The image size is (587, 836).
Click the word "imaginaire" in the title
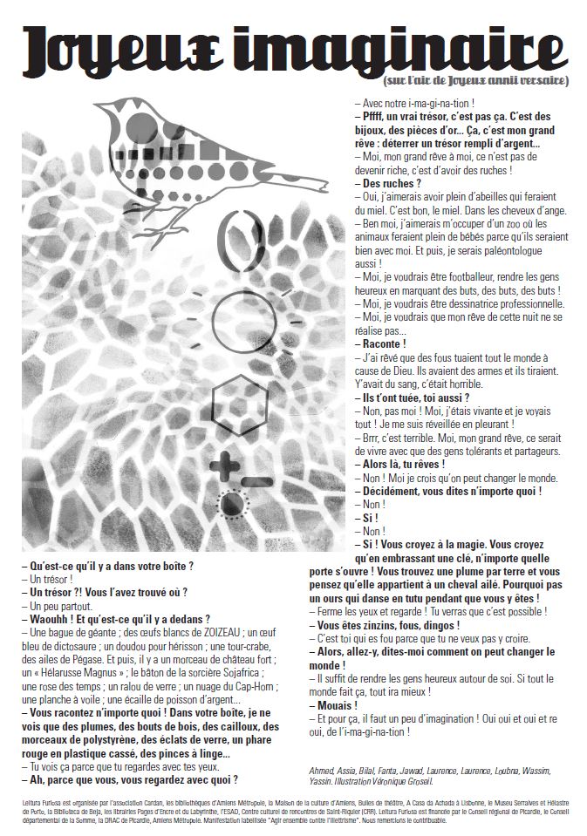click(410, 46)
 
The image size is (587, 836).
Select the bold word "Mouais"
click(337, 704)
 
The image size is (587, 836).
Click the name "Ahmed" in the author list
click(324, 770)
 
